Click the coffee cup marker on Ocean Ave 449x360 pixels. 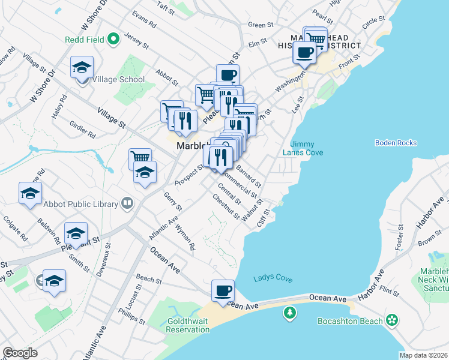(223, 291)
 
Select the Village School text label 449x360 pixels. (119, 79)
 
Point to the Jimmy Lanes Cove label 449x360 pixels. (306, 148)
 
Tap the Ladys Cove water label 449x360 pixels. (273, 277)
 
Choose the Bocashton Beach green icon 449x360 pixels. (392, 320)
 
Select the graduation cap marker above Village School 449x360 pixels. (82, 68)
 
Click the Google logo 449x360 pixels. (20, 353)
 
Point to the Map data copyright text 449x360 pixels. (424, 355)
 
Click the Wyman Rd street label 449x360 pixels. (185, 238)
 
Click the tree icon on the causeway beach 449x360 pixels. (290, 313)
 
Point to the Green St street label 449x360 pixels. (261, 25)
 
